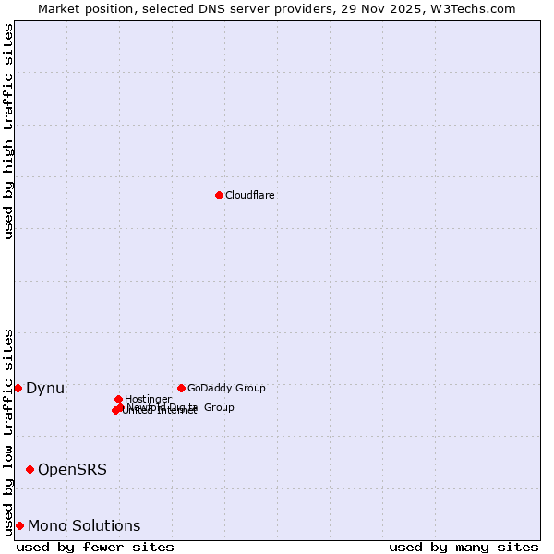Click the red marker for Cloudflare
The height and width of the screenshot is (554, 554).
219,195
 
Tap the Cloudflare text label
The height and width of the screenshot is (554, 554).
250,195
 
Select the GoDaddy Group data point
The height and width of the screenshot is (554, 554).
181,388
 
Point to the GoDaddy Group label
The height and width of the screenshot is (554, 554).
226,388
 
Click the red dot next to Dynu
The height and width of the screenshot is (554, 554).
18,388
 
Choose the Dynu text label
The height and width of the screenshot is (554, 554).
45,388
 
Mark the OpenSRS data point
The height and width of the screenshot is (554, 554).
30,469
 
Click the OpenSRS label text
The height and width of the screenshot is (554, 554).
72,469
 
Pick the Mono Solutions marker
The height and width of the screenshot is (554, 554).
19,525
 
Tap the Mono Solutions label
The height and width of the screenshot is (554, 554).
84,525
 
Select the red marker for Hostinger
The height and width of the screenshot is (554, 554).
118,399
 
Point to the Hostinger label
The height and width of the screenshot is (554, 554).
148,399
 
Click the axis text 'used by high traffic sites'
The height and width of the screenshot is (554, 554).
8,131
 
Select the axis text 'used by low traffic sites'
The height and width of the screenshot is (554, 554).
8,432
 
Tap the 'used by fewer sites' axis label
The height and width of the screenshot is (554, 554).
95,547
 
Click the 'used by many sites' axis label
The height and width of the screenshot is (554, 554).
464,547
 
